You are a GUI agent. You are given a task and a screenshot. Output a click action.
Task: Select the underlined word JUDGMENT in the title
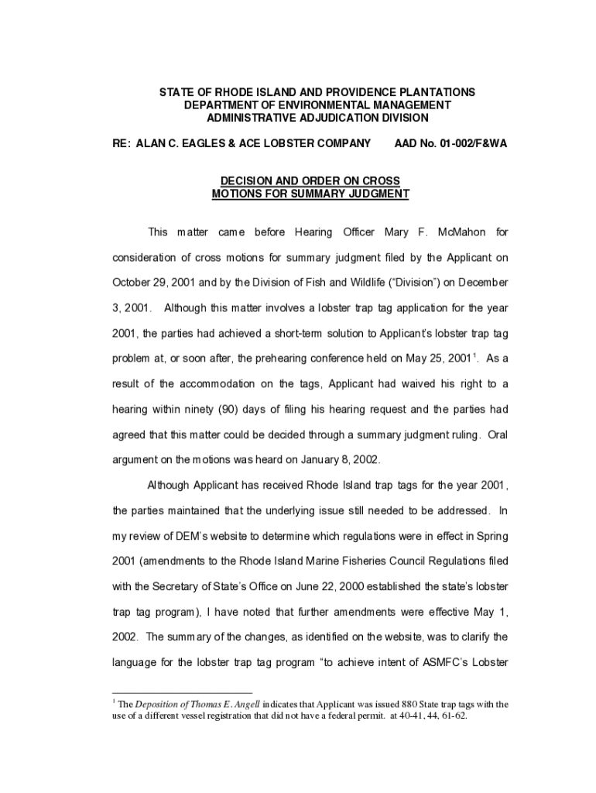point(368,194)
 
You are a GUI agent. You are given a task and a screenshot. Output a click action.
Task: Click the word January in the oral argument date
point(306,459)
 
